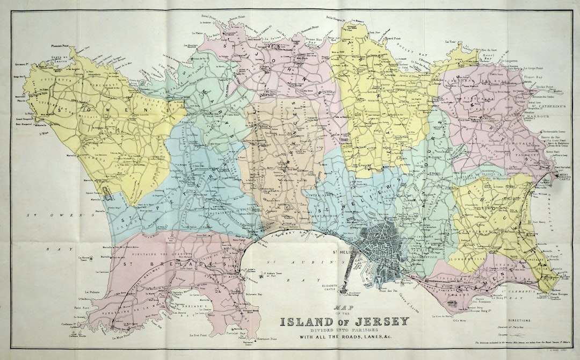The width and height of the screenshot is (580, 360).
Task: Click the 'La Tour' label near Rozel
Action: [x=450, y=41]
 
